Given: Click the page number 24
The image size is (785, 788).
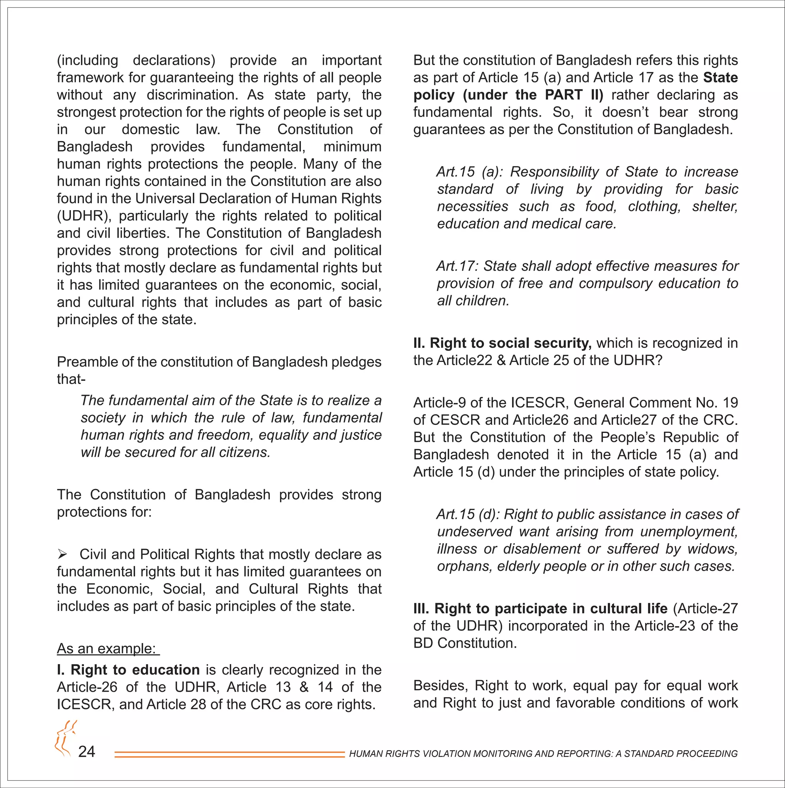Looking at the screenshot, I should [87, 751].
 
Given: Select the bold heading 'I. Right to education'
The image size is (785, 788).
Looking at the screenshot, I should [128, 670].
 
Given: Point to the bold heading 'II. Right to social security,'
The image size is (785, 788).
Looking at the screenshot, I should [503, 343].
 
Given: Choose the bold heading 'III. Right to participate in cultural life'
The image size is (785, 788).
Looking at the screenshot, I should [540, 609].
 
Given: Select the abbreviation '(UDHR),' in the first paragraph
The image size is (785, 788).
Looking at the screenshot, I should [84, 216].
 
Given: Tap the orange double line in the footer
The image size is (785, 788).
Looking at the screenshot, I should [230, 755].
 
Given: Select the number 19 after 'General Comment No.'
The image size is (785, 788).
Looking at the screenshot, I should [729, 403].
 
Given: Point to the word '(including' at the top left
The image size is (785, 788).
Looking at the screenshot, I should [87, 60].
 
